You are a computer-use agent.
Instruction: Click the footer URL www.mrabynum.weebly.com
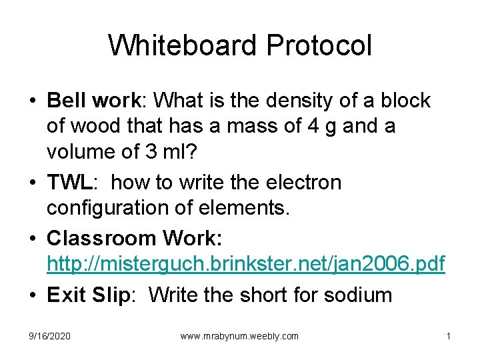point(239,336)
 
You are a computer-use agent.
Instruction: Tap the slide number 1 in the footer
point(449,336)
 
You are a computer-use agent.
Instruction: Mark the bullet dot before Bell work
point(33,101)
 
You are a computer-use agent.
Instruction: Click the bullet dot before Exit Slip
point(33,295)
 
